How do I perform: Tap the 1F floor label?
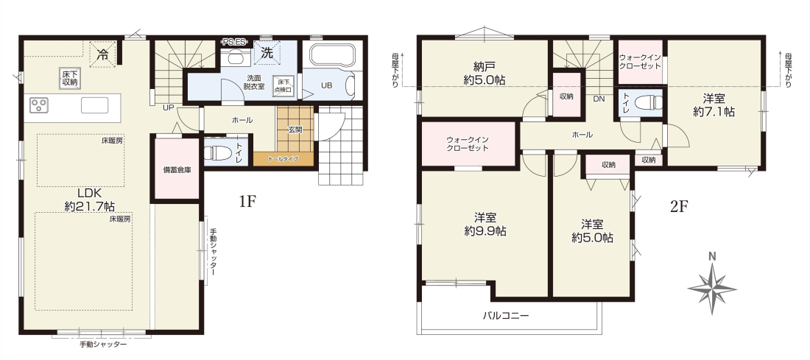pos(247,202)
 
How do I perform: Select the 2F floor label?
pos(680,207)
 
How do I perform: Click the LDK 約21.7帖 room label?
pos(89,200)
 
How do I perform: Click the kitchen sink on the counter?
pos(94,105)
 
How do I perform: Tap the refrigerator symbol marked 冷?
pos(103,54)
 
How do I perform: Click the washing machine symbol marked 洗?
pos(267,53)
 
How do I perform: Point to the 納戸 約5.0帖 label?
pos(485,73)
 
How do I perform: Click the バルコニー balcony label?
pos(506,316)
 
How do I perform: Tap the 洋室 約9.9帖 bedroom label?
pos(485,225)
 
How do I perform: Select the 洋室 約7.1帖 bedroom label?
pos(714,105)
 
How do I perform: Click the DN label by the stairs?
pos(599,99)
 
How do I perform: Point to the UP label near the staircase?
pos(168,108)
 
